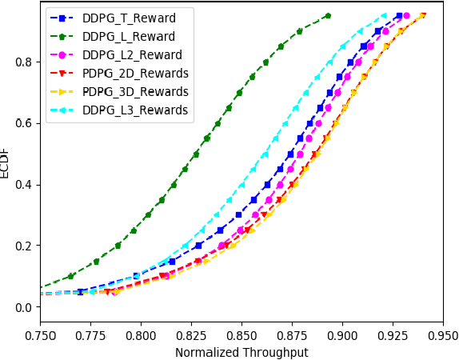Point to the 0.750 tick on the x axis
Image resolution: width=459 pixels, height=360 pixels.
click(x=40, y=336)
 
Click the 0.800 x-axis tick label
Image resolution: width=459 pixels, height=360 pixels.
click(x=141, y=336)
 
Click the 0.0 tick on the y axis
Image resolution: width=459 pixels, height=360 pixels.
click(x=25, y=307)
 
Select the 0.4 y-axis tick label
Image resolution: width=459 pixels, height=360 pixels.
click(x=25, y=185)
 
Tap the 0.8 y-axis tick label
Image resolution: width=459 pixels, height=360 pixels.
click(x=25, y=62)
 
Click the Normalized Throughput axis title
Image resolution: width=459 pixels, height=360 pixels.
click(x=241, y=352)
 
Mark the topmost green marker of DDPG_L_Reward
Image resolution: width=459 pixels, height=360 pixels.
click(x=328, y=16)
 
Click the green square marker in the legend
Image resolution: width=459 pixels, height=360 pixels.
click(x=62, y=37)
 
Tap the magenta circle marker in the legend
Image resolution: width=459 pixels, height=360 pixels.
click(x=62, y=55)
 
